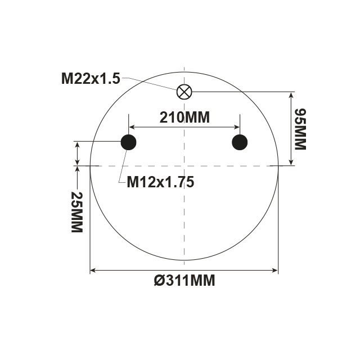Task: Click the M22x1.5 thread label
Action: tap(91, 78)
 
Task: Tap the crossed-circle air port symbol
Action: tap(184, 91)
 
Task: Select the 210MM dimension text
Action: tap(184, 118)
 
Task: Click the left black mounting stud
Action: tap(129, 142)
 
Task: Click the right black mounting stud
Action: tap(240, 142)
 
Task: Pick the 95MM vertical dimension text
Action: tap(299, 129)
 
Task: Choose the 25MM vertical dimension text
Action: tap(77, 212)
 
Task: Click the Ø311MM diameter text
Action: tap(184, 280)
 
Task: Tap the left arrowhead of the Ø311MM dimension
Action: tap(93, 271)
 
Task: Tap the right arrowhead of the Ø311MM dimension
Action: tap(275, 271)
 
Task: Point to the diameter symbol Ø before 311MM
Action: tap(159, 280)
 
